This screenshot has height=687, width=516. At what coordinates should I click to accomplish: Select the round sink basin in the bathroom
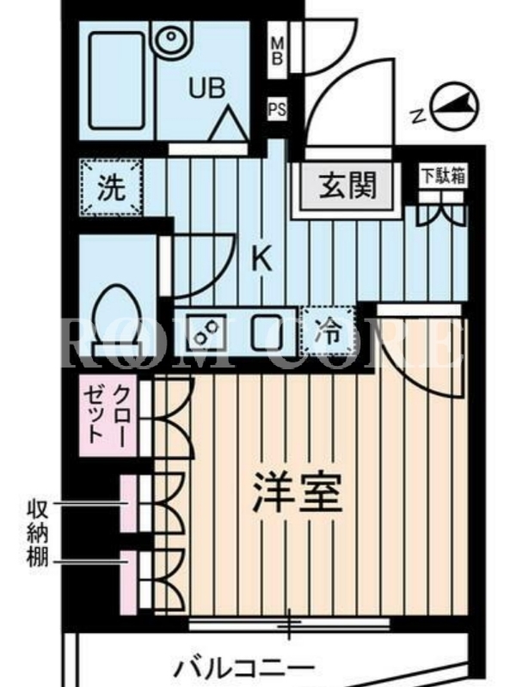(x=171, y=37)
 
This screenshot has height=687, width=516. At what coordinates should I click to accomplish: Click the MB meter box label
(x=277, y=52)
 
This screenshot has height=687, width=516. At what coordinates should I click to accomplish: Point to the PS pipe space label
(x=277, y=109)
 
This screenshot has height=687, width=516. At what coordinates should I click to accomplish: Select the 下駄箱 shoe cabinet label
(x=443, y=176)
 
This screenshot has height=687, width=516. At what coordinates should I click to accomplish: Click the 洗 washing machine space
(x=112, y=187)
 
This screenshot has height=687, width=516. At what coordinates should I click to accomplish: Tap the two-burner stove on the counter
(x=206, y=333)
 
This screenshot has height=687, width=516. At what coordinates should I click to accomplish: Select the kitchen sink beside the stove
(x=267, y=333)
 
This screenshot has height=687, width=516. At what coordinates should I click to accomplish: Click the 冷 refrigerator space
(x=329, y=331)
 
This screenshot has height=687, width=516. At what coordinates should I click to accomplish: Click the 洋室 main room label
(x=297, y=492)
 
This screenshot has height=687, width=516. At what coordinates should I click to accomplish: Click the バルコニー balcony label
(x=245, y=668)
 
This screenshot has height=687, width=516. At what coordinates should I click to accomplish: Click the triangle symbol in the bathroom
(x=228, y=124)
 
